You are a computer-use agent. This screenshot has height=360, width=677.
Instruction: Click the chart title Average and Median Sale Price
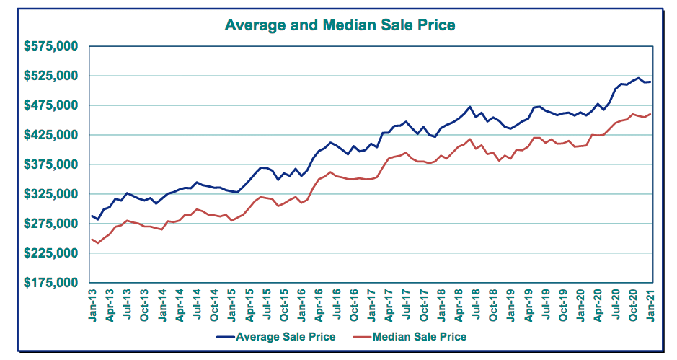(340, 25)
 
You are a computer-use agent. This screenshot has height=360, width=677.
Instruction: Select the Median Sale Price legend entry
(418, 337)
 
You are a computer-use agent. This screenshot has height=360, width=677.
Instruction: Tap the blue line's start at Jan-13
(92, 215)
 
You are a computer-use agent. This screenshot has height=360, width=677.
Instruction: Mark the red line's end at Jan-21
(650, 114)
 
